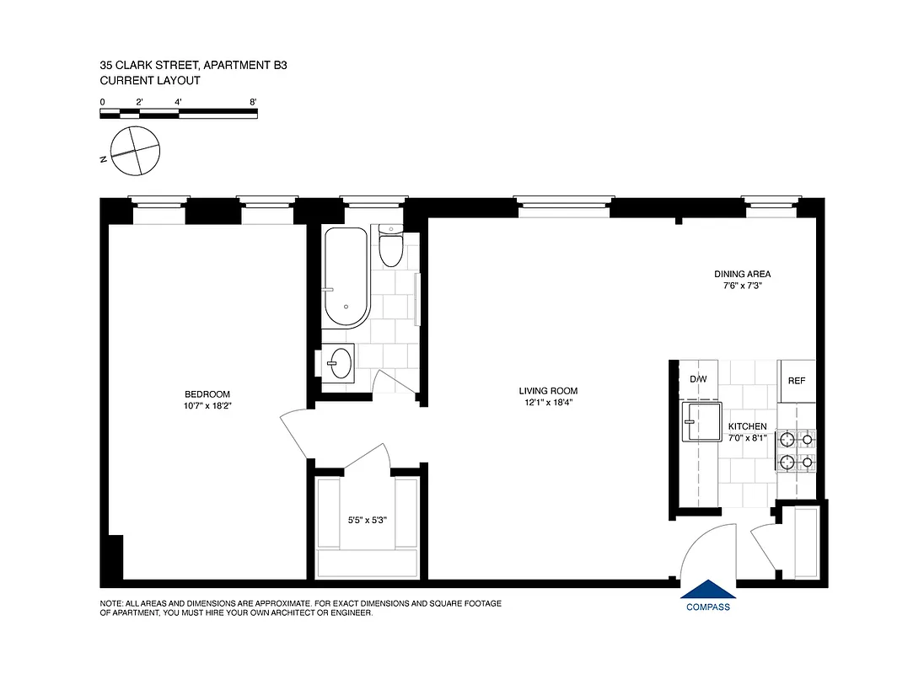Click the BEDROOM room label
pyautogui.click(x=207, y=394)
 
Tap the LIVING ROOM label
pyautogui.click(x=548, y=391)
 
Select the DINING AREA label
pyautogui.click(x=742, y=274)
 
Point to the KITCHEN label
pyautogui.click(x=747, y=426)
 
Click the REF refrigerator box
pyautogui.click(x=796, y=381)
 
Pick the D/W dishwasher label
pyautogui.click(x=698, y=379)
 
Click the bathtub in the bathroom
pyautogui.click(x=346, y=277)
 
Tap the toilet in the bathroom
pyautogui.click(x=391, y=248)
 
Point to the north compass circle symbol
pyautogui.click(x=136, y=151)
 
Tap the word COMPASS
pyautogui.click(x=707, y=607)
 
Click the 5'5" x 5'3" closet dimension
pyautogui.click(x=367, y=520)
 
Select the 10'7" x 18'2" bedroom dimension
pyautogui.click(x=207, y=405)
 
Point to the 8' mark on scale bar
pyautogui.click(x=253, y=102)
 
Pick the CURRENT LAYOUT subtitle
pyautogui.click(x=149, y=80)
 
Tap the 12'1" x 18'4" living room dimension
pyautogui.click(x=548, y=402)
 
